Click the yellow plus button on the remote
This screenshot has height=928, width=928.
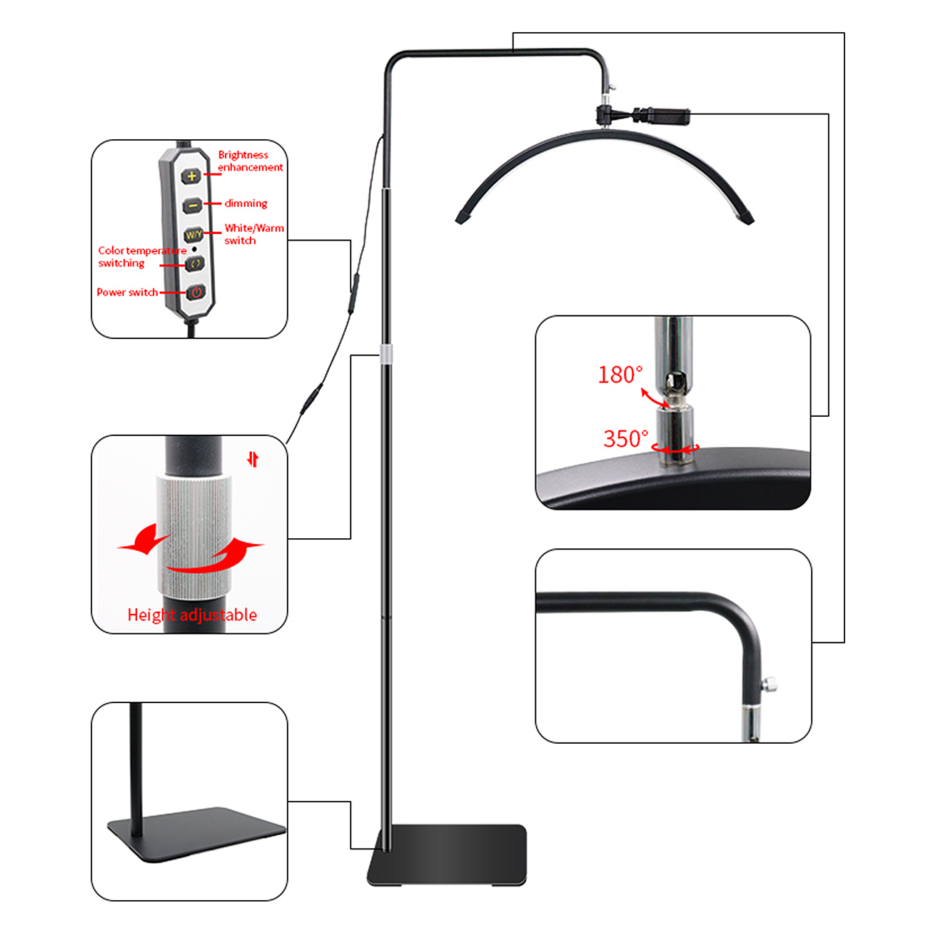pyautogui.click(x=192, y=176)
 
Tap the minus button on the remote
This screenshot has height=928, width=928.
pyautogui.click(x=193, y=206)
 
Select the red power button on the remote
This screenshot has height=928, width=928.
pyautogui.click(x=196, y=292)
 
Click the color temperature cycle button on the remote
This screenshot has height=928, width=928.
pyautogui.click(x=195, y=263)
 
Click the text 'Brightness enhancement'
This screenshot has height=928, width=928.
pyautogui.click(x=251, y=161)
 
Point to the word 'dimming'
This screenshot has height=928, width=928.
pyautogui.click(x=246, y=203)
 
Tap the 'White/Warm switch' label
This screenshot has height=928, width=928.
pyautogui.click(x=254, y=234)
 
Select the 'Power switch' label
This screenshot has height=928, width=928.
pyautogui.click(x=127, y=292)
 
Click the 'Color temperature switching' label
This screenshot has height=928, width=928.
pyautogui.click(x=142, y=257)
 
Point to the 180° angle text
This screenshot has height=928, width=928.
pyautogui.click(x=620, y=374)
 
